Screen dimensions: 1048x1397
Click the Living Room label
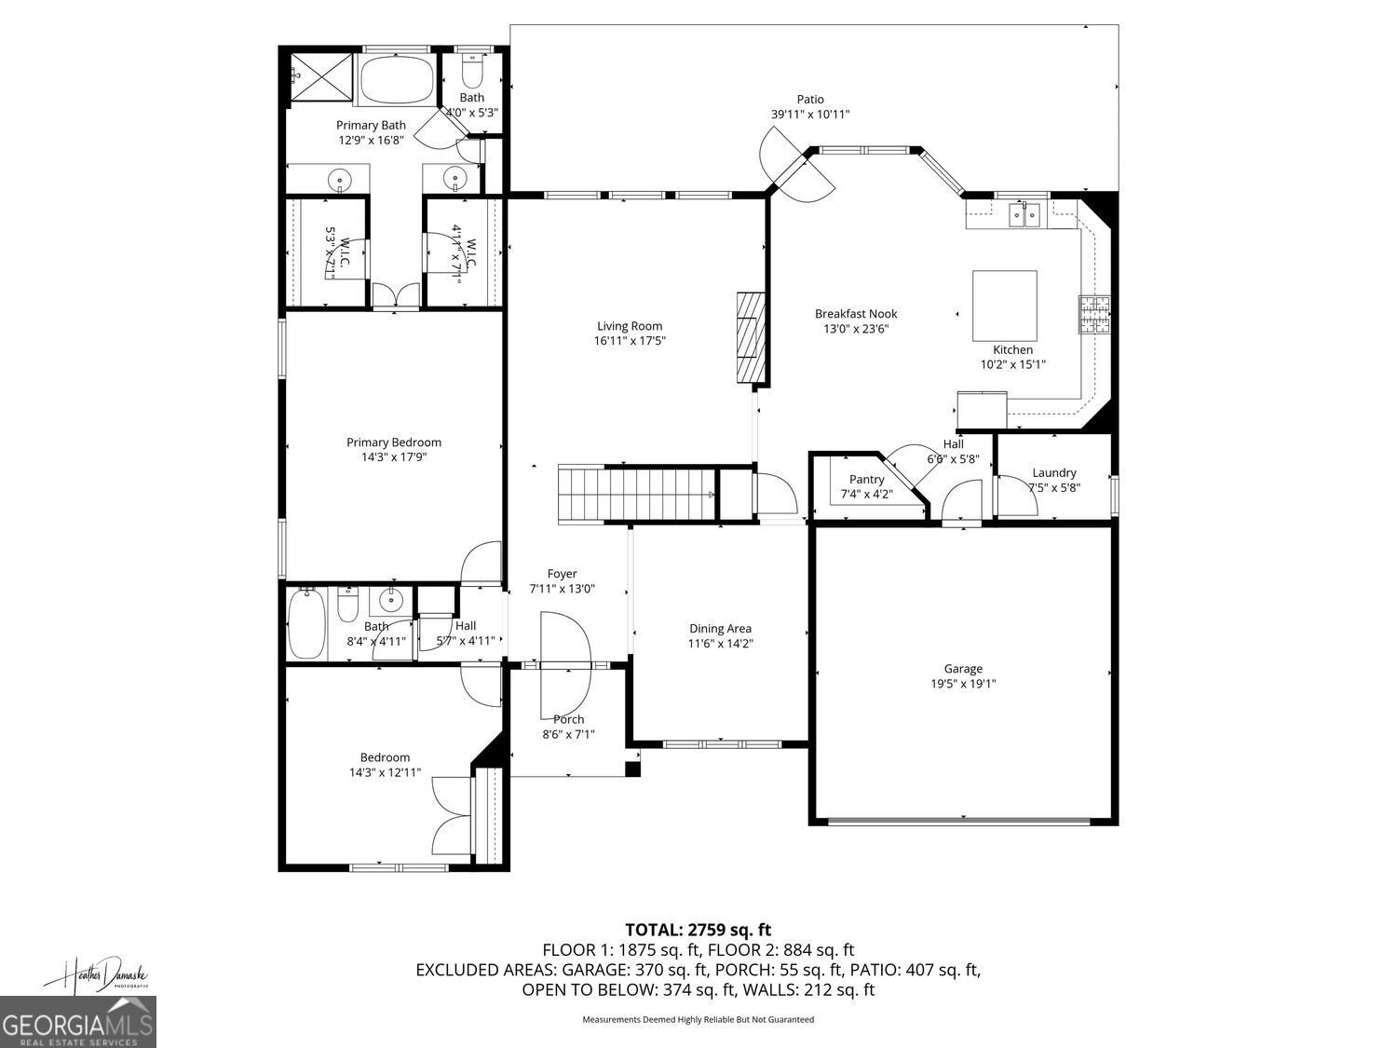[x=630, y=326]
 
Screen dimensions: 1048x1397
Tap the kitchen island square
[x=1005, y=306]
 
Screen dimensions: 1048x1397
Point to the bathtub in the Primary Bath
[x=397, y=80]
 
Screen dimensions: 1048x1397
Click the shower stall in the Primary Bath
[x=321, y=77]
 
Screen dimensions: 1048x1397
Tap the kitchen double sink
[x=1025, y=215]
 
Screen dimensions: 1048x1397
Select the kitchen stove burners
[x=1094, y=314]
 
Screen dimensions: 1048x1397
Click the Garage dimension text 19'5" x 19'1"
[x=963, y=684]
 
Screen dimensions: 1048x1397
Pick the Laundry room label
[x=1054, y=472]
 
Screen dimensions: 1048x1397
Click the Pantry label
[x=866, y=480]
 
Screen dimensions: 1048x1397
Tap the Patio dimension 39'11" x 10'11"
[x=809, y=115]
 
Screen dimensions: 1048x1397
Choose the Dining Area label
[x=720, y=629]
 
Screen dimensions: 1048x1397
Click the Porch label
[x=569, y=719]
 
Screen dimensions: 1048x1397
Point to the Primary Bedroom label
[x=394, y=442]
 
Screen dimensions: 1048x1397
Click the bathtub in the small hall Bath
[x=306, y=625]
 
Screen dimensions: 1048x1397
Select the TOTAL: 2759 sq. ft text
[x=698, y=929]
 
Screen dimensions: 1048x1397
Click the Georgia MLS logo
[x=78, y=1023]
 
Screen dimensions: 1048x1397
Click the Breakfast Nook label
[x=856, y=314]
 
